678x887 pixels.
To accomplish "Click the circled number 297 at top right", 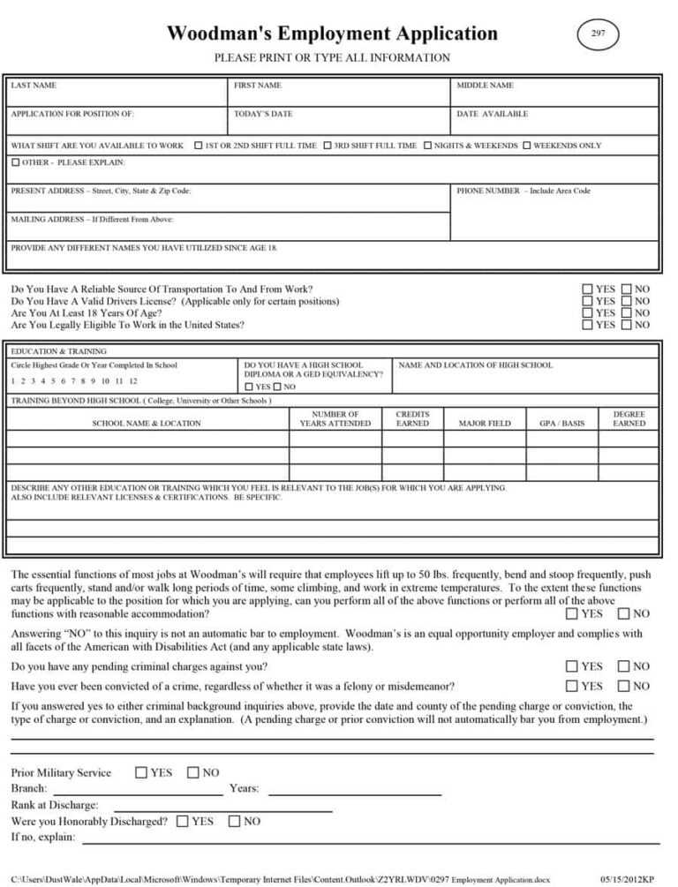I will pyautogui.click(x=598, y=34).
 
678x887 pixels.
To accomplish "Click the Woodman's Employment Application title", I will pyautogui.click(x=332, y=34).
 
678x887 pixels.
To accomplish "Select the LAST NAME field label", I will pyautogui.click(x=34, y=86).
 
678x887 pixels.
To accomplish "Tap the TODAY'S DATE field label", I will pyautogui.click(x=263, y=114).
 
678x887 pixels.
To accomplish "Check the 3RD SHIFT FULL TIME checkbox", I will pyautogui.click(x=328, y=146).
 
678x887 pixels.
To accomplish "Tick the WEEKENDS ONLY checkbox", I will pyautogui.click(x=527, y=146).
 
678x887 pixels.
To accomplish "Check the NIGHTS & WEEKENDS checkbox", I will pyautogui.click(x=427, y=146).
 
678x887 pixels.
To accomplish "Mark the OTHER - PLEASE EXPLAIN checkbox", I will pyautogui.click(x=16, y=162).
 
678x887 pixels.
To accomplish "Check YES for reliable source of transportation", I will pyautogui.click(x=588, y=289).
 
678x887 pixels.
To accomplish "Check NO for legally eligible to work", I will pyautogui.click(x=627, y=325).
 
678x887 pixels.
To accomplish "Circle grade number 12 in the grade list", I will pyautogui.click(x=132, y=381).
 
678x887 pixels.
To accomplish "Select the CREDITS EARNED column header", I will pyautogui.click(x=412, y=418).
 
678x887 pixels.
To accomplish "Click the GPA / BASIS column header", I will pyautogui.click(x=561, y=424).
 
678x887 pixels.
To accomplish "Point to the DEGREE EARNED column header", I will pyautogui.click(x=629, y=418).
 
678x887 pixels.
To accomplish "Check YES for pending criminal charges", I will pyautogui.click(x=572, y=666).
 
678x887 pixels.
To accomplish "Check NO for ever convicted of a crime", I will pyautogui.click(x=624, y=686).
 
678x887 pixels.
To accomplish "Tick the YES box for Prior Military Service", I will pyautogui.click(x=141, y=772).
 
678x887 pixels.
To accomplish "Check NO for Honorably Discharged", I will pyautogui.click(x=234, y=821).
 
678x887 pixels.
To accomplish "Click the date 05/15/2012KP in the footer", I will pyautogui.click(x=627, y=879).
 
